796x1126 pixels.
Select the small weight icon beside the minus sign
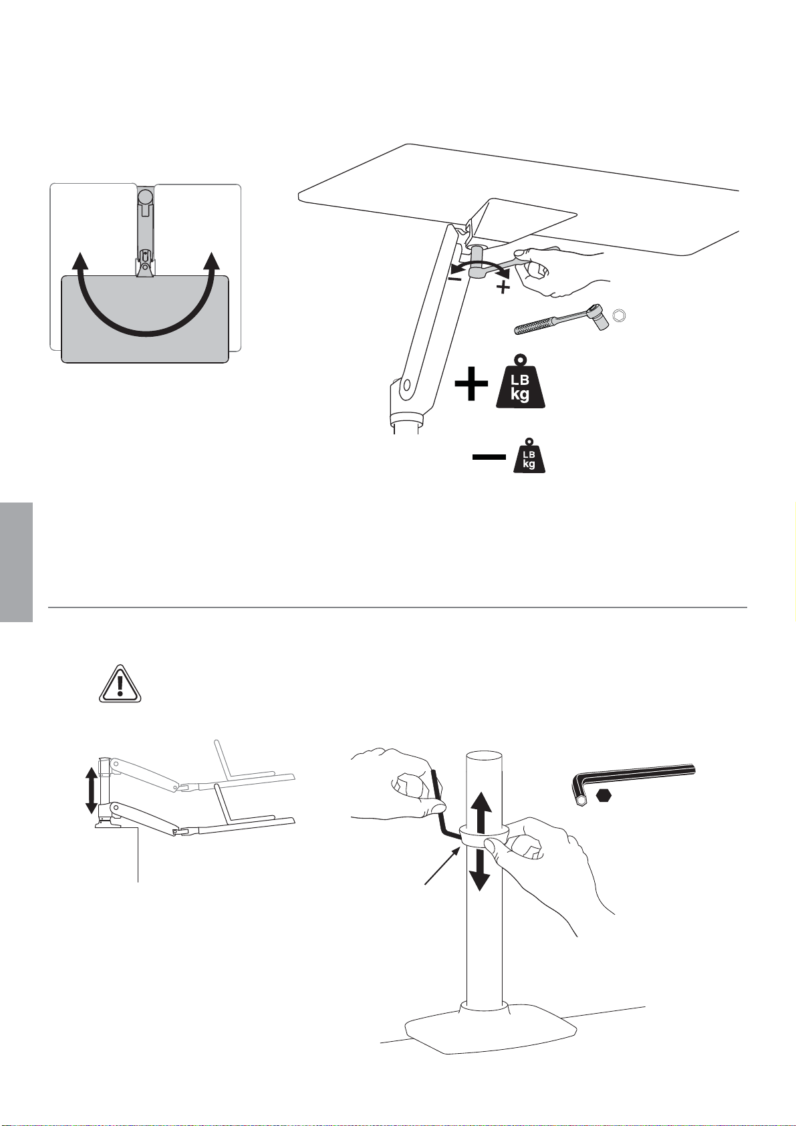(x=529, y=456)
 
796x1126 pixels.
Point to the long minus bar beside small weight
(x=489, y=457)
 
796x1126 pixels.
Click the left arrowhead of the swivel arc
(x=78, y=263)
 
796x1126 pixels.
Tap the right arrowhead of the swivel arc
(x=213, y=263)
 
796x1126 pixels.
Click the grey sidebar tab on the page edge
(x=16, y=563)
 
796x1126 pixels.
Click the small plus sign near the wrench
(x=503, y=287)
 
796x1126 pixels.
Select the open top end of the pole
(x=485, y=757)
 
